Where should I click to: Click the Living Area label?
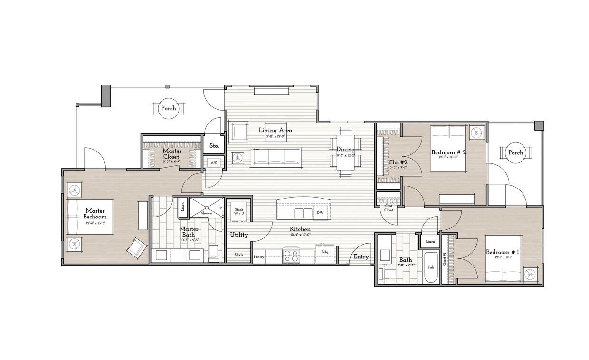coord(275,130)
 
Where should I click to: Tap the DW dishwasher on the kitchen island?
coord(320,213)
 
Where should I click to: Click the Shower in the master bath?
coord(207,208)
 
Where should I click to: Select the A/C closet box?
coord(214,162)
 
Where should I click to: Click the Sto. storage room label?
coord(214,146)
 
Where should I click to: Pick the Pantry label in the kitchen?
coord(259,256)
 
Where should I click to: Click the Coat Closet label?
coord(389,208)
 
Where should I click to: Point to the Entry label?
coord(361,257)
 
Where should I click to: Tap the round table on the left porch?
coord(168,108)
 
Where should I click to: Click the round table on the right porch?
coord(515,153)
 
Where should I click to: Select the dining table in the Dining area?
coord(345,152)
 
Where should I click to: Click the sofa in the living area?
coord(276,157)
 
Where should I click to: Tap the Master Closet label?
coord(171,153)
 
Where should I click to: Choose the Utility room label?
coord(239,235)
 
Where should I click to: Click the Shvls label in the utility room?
coord(238,255)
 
